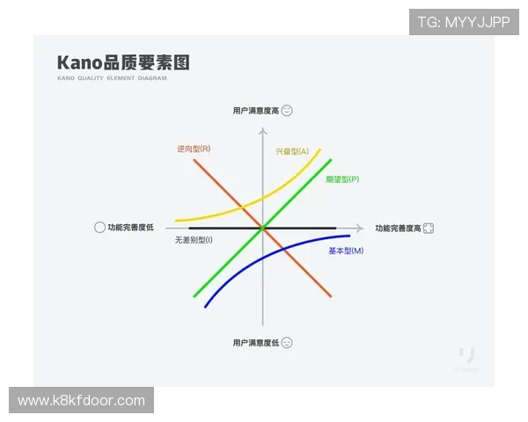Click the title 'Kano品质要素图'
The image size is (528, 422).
pos(123,63)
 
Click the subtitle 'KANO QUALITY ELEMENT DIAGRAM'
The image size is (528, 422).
pos(112,78)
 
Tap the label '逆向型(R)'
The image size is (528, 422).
pos(193,149)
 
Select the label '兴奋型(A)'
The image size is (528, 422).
pos(291,152)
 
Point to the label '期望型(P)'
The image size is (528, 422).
pos(342,179)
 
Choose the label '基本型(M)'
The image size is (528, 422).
pos(346,251)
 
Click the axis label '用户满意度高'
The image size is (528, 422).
pos(256,111)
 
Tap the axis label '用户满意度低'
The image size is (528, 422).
pos(256,342)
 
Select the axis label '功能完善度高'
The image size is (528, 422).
pos(397,228)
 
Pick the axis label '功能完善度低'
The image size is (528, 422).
pos(130,227)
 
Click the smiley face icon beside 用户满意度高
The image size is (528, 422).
pos(287,111)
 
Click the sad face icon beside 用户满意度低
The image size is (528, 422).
pos(287,342)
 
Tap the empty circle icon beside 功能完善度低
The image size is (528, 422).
pos(99,227)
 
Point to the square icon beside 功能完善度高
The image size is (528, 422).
pos(429,228)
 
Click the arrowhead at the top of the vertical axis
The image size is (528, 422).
pos(262,132)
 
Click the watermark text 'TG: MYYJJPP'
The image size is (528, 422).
pos(464,22)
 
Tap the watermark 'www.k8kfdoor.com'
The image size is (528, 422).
pos(81,401)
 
